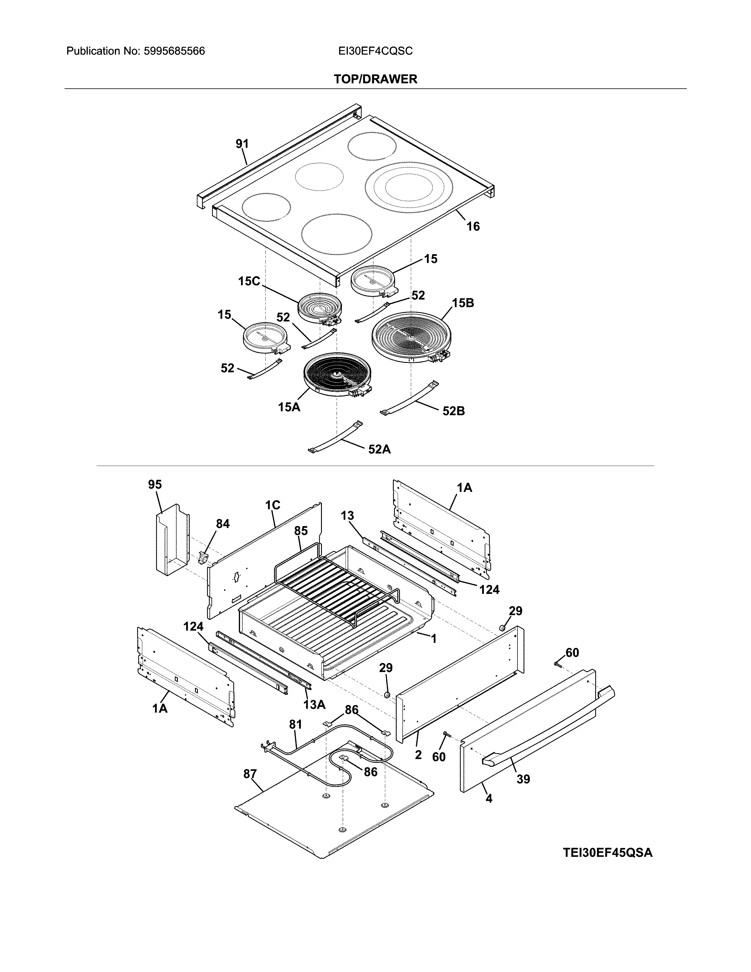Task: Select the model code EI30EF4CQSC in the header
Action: [x=375, y=51]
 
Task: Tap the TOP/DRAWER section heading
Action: [x=375, y=79]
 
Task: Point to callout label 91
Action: [x=242, y=144]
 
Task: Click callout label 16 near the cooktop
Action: [x=473, y=227]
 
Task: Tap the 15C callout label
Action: [x=249, y=281]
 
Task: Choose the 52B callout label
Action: [x=453, y=411]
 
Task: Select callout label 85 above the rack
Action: [x=301, y=531]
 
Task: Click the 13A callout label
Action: [x=314, y=705]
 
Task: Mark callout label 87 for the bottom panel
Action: [x=250, y=774]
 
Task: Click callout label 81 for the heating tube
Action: [x=295, y=725]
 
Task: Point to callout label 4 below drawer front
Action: [x=489, y=799]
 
